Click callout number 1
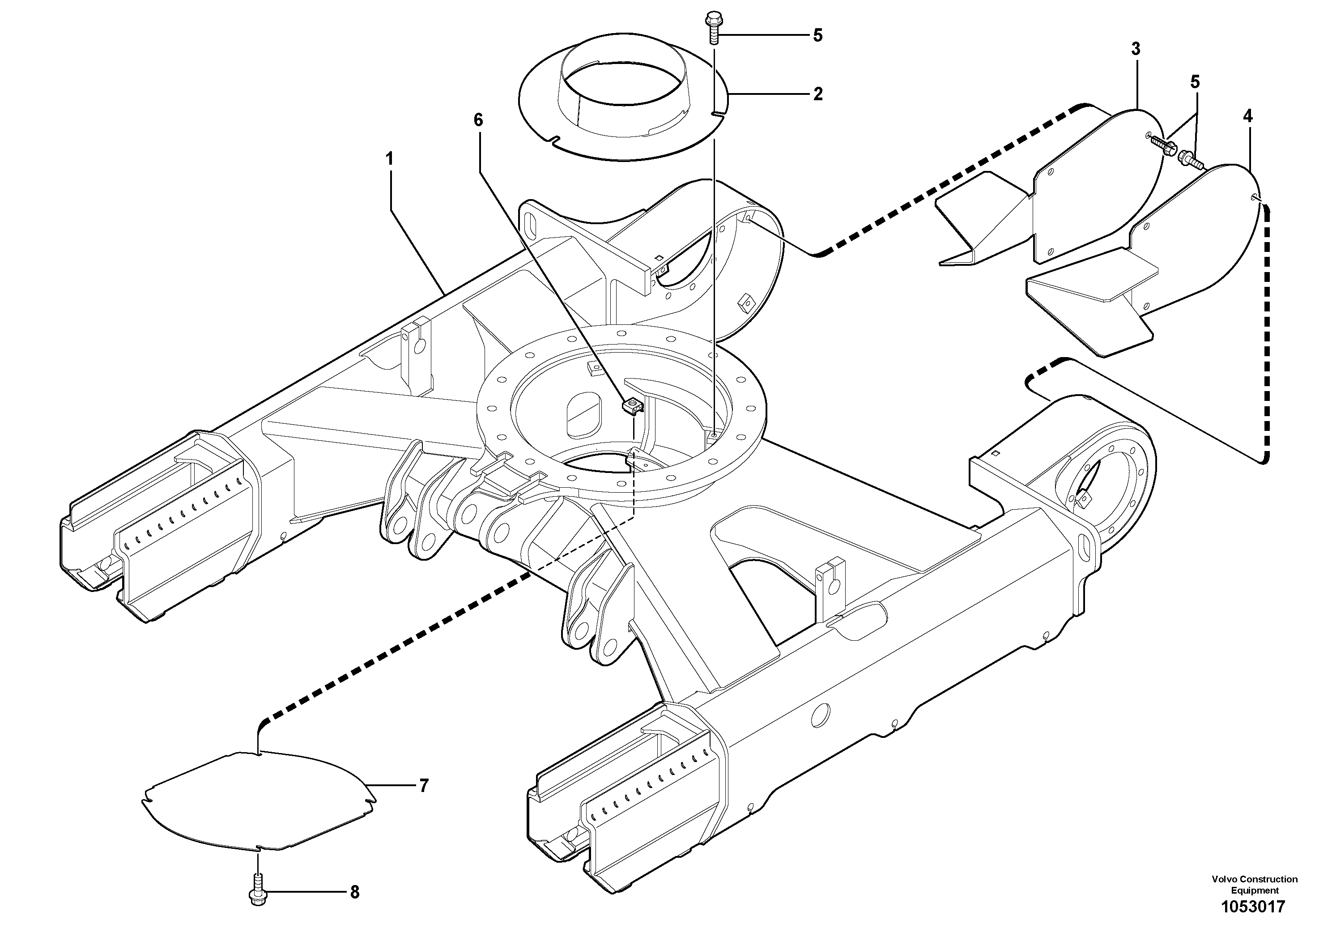point(390,158)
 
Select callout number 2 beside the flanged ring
point(817,94)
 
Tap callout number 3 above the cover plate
point(1135,49)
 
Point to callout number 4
point(1247,116)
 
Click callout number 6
point(477,120)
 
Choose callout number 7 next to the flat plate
point(424,786)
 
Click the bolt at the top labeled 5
point(712,29)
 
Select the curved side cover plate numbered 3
point(1091,186)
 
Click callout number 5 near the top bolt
point(817,35)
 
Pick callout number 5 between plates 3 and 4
point(1195,82)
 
